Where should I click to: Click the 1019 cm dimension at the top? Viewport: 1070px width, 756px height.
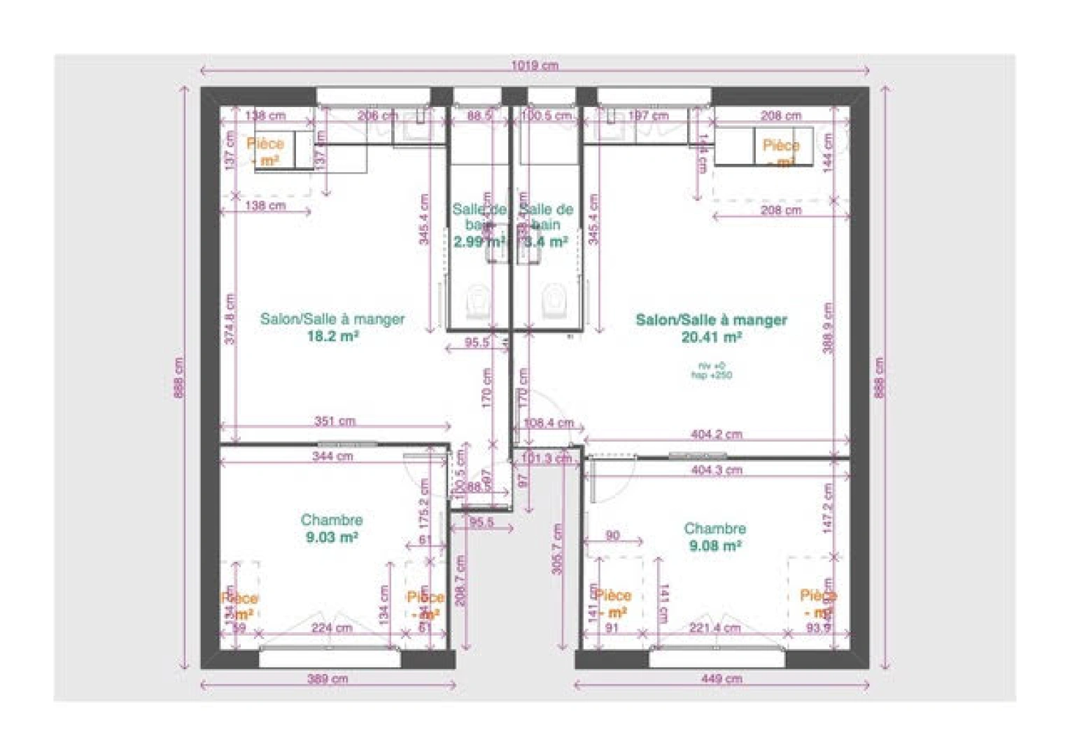(534, 65)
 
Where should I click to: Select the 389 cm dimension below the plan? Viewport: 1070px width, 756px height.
(327, 678)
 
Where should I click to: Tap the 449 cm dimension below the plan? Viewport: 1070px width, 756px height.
(721, 678)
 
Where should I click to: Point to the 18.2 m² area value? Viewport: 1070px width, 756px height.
(332, 336)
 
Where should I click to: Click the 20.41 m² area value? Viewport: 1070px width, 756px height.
(711, 337)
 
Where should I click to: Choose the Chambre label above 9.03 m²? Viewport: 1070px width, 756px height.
(332, 520)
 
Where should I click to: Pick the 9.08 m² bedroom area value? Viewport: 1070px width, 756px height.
(714, 545)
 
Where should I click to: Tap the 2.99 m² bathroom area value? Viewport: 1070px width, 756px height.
(479, 242)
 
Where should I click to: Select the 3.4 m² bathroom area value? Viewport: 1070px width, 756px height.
(546, 242)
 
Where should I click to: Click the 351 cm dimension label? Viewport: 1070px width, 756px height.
(335, 421)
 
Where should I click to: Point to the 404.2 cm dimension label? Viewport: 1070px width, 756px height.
(716, 434)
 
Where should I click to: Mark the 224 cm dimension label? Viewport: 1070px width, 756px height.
(332, 627)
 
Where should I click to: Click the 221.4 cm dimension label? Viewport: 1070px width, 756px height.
(714, 627)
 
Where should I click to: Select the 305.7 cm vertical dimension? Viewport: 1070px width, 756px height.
(557, 549)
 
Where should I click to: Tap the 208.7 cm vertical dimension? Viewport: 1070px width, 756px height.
(460, 580)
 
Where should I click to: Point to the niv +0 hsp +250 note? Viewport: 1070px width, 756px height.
(711, 370)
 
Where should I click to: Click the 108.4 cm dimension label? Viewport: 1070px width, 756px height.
(548, 423)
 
